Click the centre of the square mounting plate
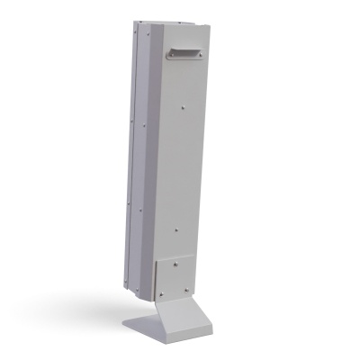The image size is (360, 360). (173, 276)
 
